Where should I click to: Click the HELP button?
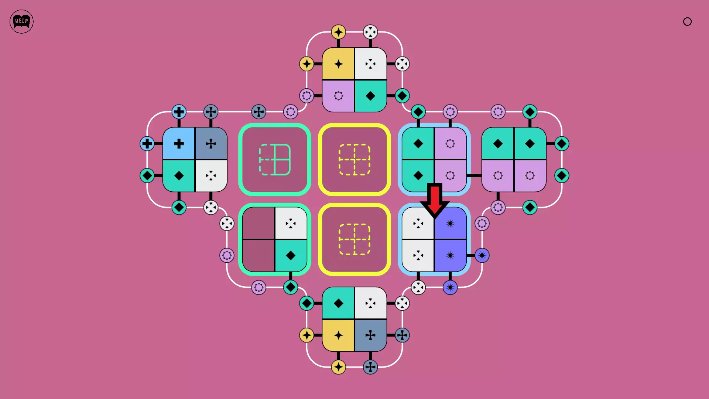[21, 21]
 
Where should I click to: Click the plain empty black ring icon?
[687, 21]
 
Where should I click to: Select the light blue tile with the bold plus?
[179, 143]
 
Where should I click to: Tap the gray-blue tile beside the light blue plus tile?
[211, 143]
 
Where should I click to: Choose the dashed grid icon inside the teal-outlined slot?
[275, 160]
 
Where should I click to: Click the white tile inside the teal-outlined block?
[291, 223]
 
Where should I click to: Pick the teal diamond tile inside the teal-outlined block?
[291, 255]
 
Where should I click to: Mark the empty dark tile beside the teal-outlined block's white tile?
[258, 223]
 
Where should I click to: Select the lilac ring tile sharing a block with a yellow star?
[338, 96]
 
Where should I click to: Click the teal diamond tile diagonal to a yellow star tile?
[370, 96]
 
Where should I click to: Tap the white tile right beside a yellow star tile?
[370, 64]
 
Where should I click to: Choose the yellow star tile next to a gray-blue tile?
[338, 335]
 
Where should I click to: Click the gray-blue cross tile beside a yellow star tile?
[370, 335]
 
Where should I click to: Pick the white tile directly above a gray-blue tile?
[370, 303]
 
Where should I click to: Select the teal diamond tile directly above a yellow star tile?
[338, 303]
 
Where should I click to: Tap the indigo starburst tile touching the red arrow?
[450, 223]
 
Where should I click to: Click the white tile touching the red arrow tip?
[418, 223]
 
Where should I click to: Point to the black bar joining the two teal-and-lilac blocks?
[474, 175]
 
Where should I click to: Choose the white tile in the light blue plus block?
[211, 175]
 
